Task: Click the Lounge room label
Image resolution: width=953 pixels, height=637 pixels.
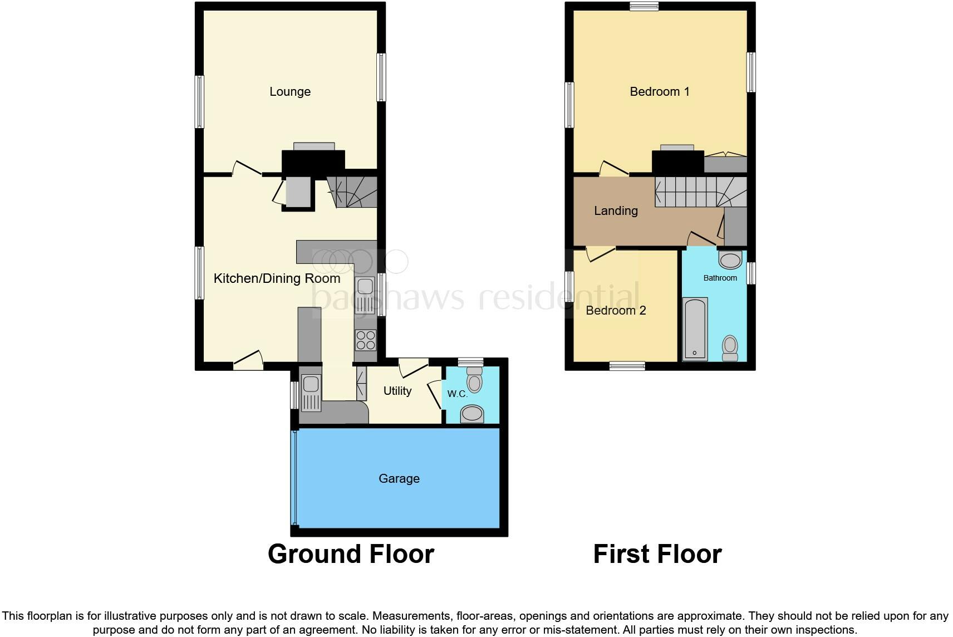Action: [289, 92]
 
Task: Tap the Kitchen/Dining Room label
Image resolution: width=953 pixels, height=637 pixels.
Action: [277, 278]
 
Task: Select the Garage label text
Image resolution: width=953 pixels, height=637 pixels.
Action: [399, 478]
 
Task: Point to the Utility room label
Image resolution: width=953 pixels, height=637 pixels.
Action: [397, 391]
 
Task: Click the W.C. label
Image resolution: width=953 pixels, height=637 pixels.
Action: [457, 394]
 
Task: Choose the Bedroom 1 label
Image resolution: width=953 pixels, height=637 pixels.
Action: [659, 92]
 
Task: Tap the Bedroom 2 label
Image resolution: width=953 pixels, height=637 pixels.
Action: [616, 311]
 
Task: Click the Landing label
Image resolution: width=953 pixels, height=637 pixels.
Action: [616, 210]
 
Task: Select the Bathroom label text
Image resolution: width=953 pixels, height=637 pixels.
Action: [720, 278]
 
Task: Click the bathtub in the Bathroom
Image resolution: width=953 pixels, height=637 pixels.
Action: [695, 329]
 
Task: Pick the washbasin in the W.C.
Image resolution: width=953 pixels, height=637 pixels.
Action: [473, 414]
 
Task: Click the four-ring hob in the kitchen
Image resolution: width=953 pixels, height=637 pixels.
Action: [365, 340]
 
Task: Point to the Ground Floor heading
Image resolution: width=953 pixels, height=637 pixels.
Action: [351, 554]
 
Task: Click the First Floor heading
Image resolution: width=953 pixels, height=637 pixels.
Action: [657, 554]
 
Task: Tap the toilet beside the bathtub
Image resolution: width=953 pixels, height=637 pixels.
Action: [729, 348]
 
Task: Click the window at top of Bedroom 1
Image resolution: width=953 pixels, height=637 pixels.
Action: [644, 6]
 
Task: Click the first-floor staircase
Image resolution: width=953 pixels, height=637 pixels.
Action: [700, 192]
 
